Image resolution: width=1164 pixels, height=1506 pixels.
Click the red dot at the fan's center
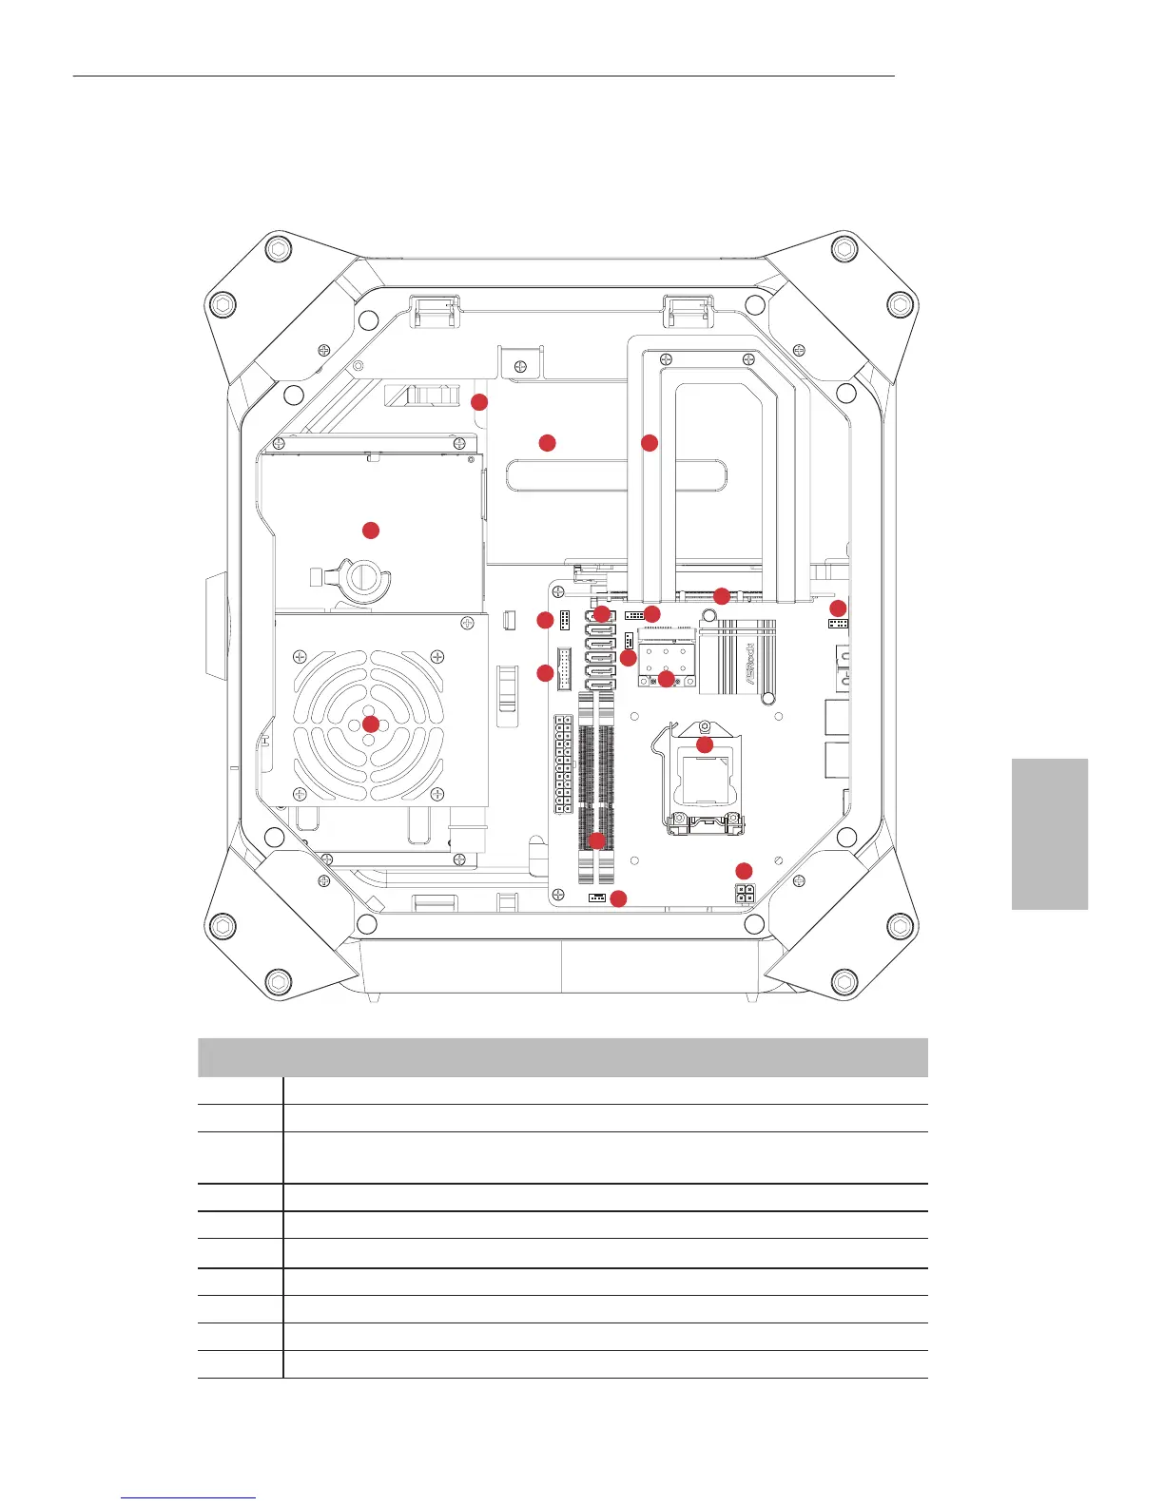[x=371, y=724]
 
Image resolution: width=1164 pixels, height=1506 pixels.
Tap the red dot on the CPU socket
[x=705, y=744]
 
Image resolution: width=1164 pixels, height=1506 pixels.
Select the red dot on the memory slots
[x=596, y=840]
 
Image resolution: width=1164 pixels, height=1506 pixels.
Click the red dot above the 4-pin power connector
[x=744, y=871]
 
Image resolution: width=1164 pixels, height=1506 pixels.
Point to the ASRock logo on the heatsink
[x=748, y=655]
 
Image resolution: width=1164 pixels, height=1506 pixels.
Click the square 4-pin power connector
[x=745, y=893]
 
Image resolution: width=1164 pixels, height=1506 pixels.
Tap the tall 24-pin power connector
[x=563, y=764]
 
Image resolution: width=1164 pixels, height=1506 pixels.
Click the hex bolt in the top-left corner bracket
[x=277, y=249]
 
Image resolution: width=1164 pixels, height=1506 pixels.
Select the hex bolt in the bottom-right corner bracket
[x=844, y=981]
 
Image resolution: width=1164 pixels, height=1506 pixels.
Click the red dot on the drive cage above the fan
[x=371, y=530]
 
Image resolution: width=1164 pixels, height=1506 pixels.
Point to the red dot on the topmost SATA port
[x=602, y=614]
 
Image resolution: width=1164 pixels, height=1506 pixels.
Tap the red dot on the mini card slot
[x=667, y=678]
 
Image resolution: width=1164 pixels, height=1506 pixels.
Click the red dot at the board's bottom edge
[x=618, y=898]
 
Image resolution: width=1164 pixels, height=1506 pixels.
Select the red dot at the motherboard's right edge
[x=838, y=608]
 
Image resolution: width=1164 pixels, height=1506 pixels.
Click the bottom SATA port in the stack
[x=599, y=682]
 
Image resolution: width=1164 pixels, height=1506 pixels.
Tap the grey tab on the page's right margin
[x=1049, y=834]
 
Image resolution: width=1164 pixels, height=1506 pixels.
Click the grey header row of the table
[x=562, y=1056]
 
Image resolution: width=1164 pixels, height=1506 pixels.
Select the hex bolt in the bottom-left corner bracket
[x=277, y=981]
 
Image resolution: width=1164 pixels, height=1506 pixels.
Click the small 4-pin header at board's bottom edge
[x=597, y=898]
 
